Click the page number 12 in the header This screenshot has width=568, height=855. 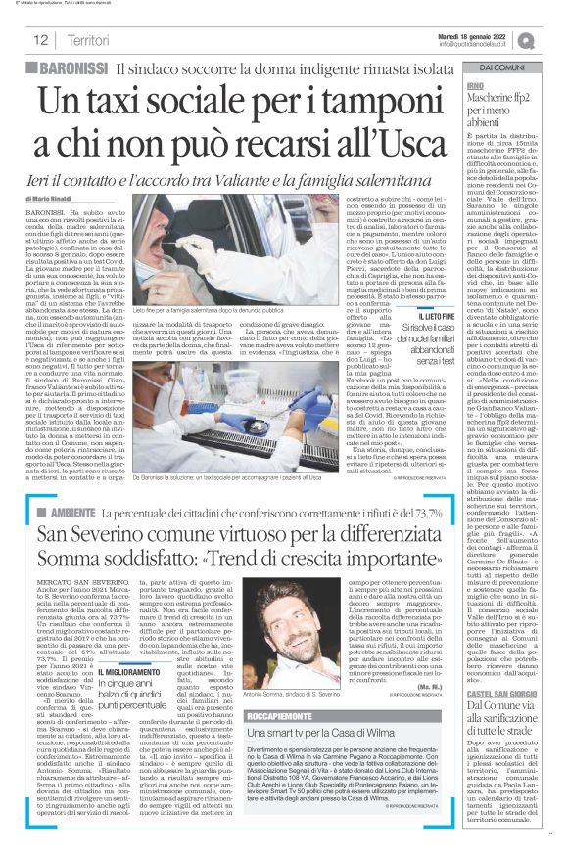(x=41, y=40)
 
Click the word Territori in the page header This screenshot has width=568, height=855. (x=88, y=40)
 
